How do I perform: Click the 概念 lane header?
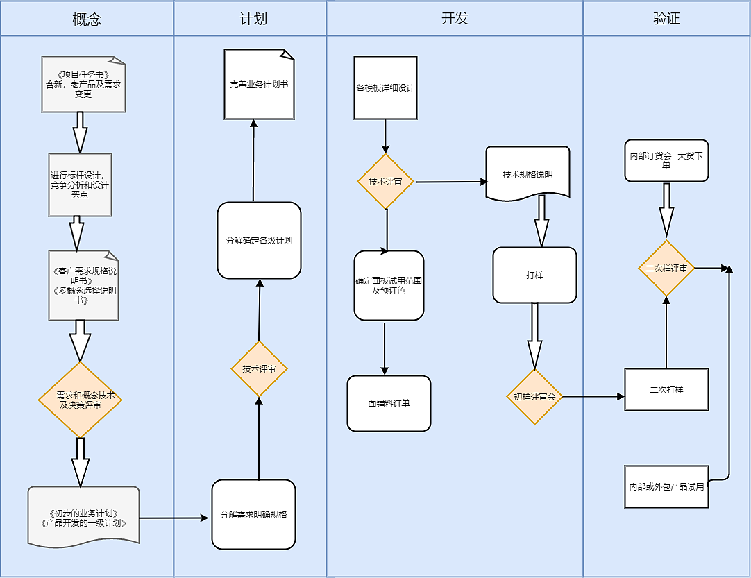pos(87,19)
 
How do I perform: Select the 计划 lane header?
pos(250,19)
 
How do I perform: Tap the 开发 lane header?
pos(455,19)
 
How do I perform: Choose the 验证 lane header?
pos(666,19)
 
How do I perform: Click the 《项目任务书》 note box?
pos(83,84)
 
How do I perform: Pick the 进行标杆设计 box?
pos(80,185)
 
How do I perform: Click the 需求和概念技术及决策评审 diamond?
pos(81,400)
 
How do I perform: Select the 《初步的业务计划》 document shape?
pos(84,517)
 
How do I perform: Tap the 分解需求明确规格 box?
pos(253,515)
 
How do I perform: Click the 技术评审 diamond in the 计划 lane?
pos(259,368)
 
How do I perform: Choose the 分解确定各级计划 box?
pos(259,241)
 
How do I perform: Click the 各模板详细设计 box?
pos(385,88)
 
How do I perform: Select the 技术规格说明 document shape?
pos(528,173)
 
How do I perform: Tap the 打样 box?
pos(534,275)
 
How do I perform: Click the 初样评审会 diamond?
pos(534,397)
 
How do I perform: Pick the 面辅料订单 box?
pos(389,403)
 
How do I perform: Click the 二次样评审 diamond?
pos(666,269)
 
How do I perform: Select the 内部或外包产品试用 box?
pos(666,487)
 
